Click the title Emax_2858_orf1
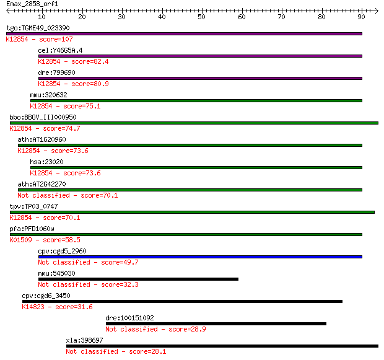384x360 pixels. (x=32, y=4)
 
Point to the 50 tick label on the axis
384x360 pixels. (x=201, y=17)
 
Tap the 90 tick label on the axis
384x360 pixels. (x=361, y=17)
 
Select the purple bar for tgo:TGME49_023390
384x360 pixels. (x=184, y=34)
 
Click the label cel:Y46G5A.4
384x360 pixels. (x=60, y=50)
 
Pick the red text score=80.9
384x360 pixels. (x=90, y=84)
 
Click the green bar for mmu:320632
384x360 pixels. (x=196, y=101)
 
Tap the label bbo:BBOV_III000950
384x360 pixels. (x=43, y=117)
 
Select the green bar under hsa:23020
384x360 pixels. (x=196, y=168)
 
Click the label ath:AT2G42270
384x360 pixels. (x=42, y=184)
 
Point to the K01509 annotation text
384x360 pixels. (x=21, y=240)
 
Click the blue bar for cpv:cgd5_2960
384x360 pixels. (x=200, y=257)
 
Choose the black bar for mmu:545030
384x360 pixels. (x=138, y=279)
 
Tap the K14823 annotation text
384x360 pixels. (x=33, y=307)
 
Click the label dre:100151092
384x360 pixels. (x=130, y=318)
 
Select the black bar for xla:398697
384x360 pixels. (x=222, y=346)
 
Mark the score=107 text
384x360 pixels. (x=56, y=39)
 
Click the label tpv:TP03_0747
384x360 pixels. (x=34, y=206)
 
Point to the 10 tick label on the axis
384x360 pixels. (x=41, y=17)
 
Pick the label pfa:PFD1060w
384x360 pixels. (x=32, y=229)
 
